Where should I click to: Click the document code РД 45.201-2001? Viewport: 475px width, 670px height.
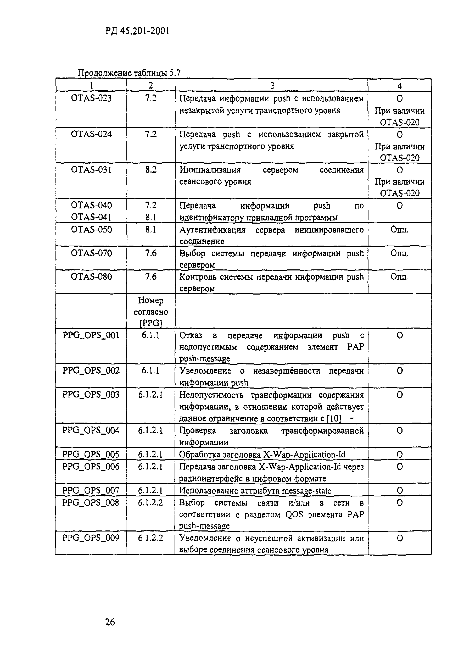(x=137, y=31)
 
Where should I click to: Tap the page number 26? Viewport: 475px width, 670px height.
(x=110, y=622)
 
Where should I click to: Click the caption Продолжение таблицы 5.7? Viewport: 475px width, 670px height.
(x=129, y=73)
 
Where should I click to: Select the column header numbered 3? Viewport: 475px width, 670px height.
(x=272, y=85)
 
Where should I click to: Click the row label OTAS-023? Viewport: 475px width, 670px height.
(x=91, y=98)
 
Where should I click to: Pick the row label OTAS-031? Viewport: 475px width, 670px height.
(x=91, y=170)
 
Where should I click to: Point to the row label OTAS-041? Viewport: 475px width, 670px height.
(x=91, y=217)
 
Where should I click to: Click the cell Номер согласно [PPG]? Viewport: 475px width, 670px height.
(x=151, y=312)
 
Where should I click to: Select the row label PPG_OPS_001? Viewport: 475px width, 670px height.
(x=91, y=335)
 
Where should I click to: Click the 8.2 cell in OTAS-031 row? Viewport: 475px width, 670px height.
(x=151, y=170)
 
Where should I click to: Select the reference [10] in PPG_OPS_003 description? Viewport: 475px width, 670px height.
(x=334, y=418)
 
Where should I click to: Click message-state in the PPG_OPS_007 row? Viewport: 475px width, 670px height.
(x=306, y=491)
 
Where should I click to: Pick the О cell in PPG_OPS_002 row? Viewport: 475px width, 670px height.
(x=400, y=371)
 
